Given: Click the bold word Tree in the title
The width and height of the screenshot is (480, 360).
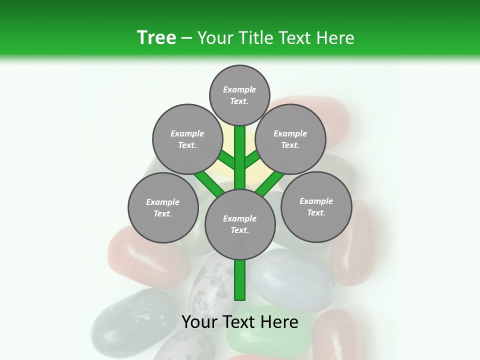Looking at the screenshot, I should pyautogui.click(x=156, y=37).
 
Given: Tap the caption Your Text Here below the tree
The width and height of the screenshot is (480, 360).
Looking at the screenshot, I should pyautogui.click(x=239, y=321).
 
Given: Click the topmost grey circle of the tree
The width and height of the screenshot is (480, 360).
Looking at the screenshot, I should pyautogui.click(x=239, y=95).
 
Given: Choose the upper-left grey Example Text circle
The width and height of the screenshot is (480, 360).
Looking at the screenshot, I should pyautogui.click(x=187, y=139).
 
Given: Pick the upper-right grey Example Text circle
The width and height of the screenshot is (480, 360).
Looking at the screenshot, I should pyautogui.click(x=290, y=139).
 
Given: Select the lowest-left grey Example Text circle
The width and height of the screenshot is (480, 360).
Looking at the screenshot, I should pyautogui.click(x=163, y=207).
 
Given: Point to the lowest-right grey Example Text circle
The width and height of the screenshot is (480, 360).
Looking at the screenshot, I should pyautogui.click(x=316, y=206).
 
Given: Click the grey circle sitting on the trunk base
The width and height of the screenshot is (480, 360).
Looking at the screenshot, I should pyautogui.click(x=240, y=224).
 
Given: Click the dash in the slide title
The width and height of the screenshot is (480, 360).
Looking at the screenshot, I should pyautogui.click(x=186, y=38).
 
